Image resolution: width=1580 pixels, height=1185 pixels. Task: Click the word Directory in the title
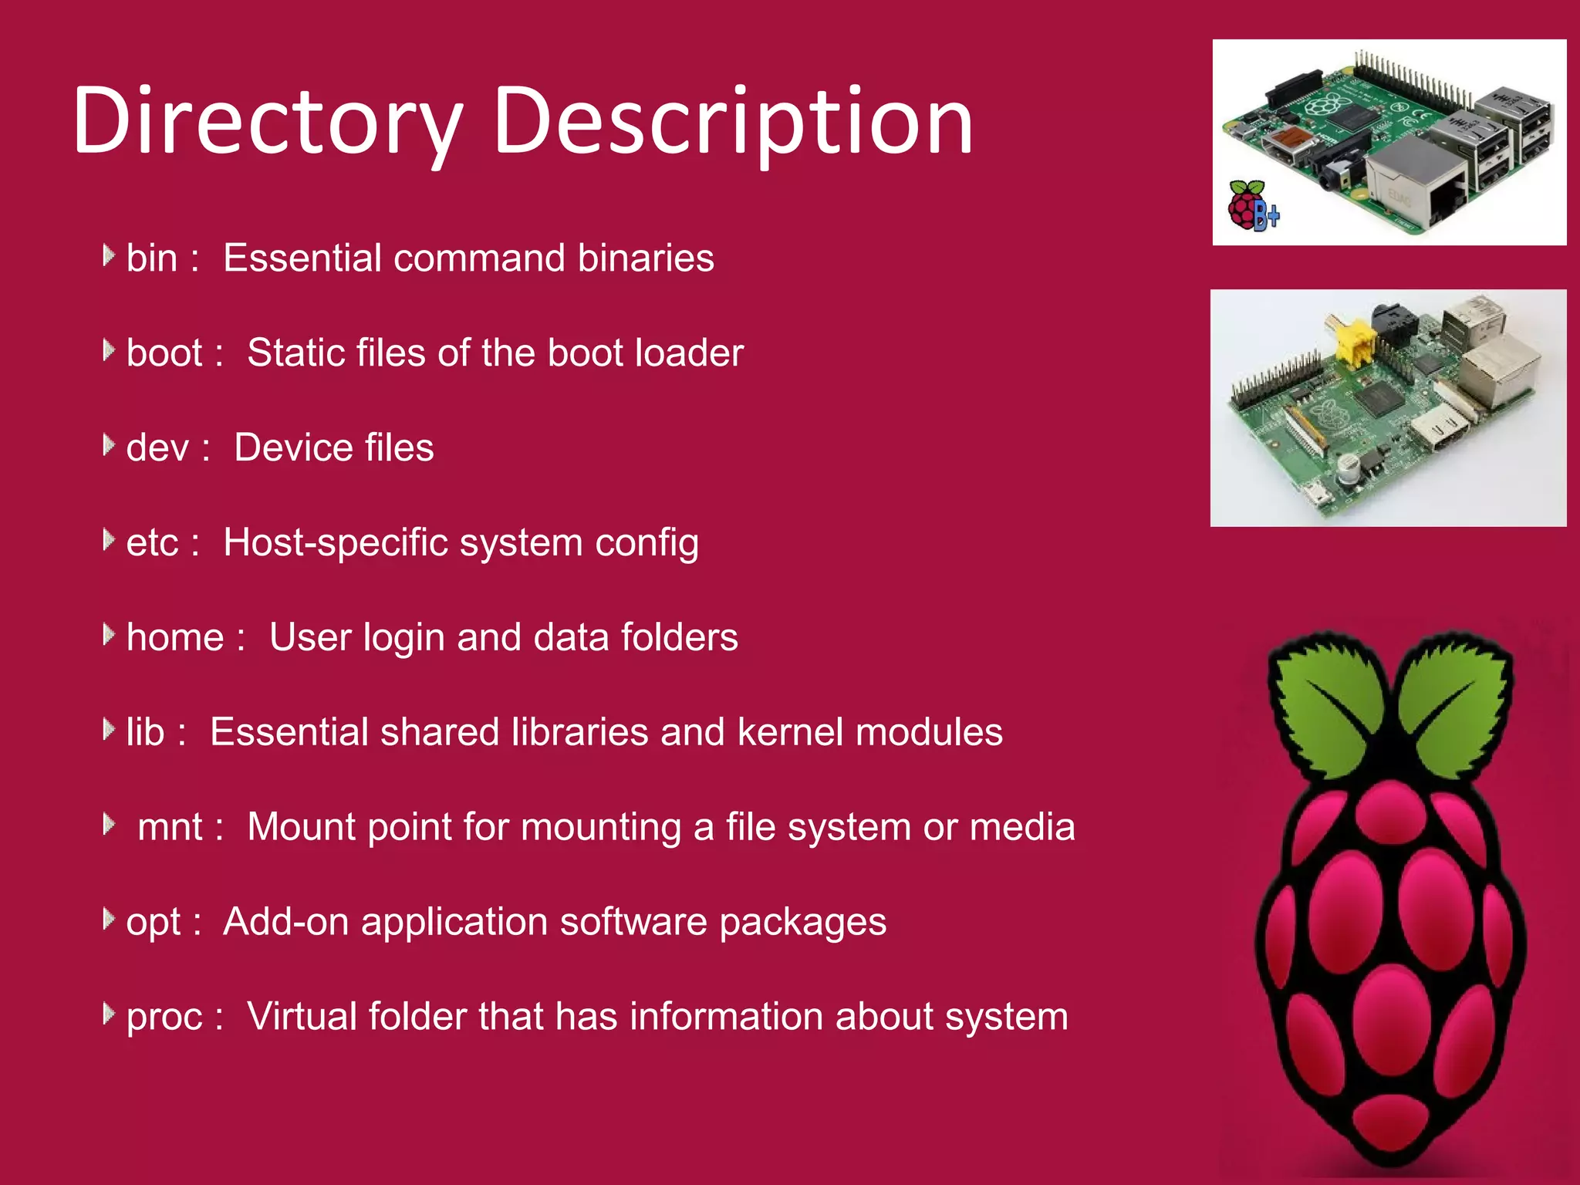point(267,122)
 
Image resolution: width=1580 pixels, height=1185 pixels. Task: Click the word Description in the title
point(732,122)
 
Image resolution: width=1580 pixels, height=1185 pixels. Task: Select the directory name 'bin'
point(151,258)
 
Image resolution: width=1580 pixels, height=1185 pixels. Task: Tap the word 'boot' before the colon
point(164,353)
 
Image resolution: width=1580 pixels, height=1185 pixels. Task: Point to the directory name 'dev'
point(157,448)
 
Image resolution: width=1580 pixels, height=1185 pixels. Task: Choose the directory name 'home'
point(175,638)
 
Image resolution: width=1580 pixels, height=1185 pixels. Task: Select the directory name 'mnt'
point(170,827)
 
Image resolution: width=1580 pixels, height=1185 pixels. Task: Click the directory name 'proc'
point(164,1017)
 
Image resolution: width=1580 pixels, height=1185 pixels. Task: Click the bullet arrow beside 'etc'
point(108,540)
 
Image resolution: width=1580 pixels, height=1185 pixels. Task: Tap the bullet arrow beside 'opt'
point(108,919)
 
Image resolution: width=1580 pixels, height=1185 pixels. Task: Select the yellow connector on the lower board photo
point(1349,339)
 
